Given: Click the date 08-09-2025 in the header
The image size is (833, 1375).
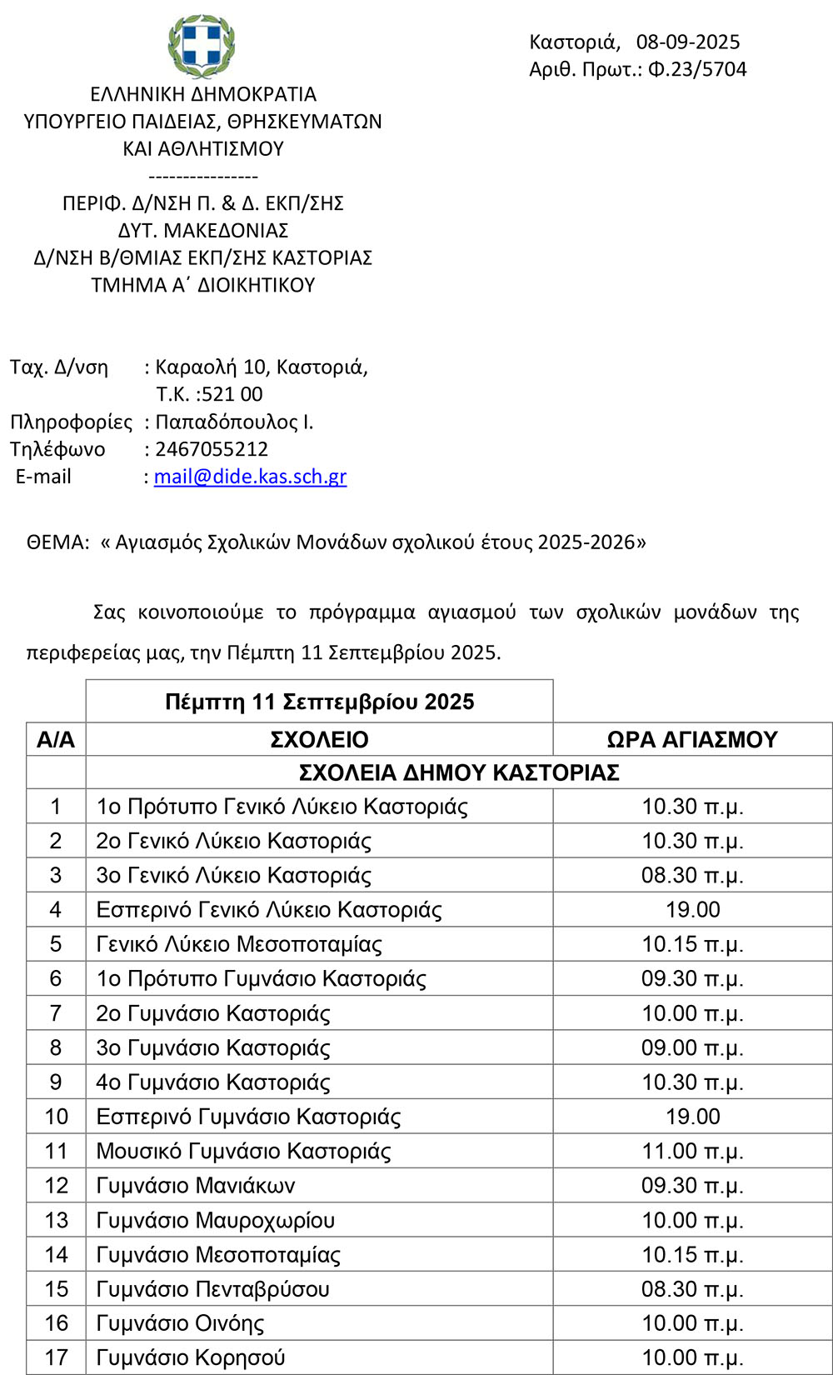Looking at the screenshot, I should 687,42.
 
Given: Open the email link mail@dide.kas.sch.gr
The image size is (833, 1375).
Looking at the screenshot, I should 250,477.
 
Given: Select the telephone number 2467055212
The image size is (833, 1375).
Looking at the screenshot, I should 212,449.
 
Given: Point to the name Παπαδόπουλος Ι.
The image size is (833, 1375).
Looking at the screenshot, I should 234,422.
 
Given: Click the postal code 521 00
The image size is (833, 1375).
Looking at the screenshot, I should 232,394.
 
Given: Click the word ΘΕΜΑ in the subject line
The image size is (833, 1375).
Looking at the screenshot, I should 57,542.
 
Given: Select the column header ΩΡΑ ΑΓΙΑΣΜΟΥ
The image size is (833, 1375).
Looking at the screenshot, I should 691,739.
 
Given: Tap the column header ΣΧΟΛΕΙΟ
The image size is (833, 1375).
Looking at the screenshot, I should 319,739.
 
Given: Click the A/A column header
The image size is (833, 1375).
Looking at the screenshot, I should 56,739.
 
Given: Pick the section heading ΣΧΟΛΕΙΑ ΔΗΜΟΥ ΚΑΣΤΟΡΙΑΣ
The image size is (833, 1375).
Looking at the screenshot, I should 459,772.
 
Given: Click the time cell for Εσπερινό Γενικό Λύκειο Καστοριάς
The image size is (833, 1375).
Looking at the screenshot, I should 692,910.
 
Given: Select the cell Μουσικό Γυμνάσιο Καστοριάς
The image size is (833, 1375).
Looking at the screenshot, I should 243,1152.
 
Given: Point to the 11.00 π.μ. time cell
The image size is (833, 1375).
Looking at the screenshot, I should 692,1152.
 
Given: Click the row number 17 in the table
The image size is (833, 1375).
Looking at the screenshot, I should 56,1357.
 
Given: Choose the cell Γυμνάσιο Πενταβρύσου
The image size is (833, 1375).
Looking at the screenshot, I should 212,1289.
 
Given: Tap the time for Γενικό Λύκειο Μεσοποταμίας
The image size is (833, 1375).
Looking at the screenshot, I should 692,944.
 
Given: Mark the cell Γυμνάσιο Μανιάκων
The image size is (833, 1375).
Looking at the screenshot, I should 195,1186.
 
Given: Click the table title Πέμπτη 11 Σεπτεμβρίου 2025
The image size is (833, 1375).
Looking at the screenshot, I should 319,702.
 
